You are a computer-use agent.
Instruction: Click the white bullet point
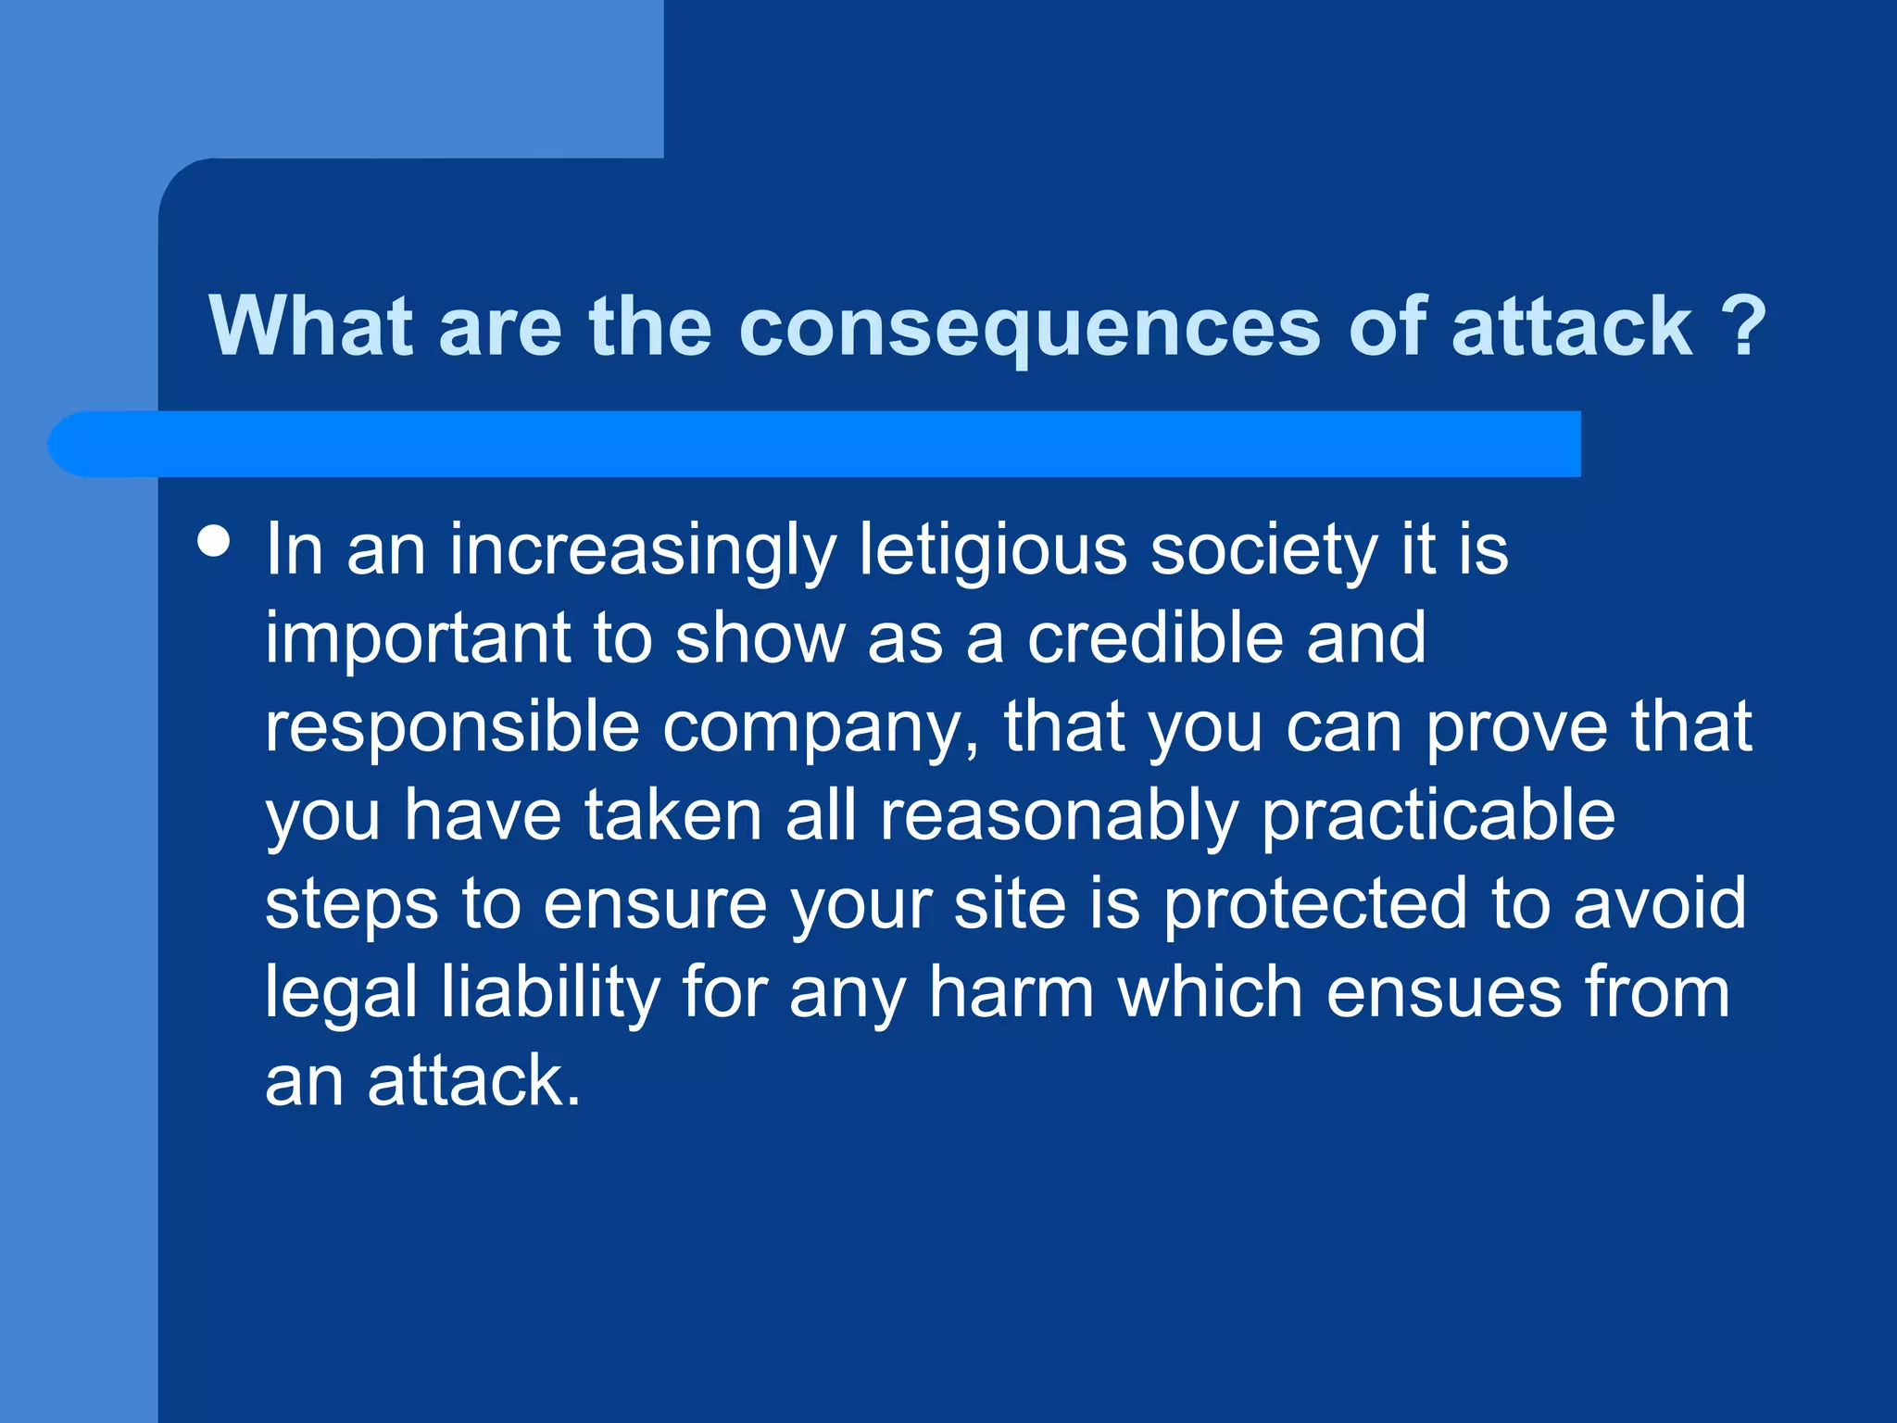tap(215, 541)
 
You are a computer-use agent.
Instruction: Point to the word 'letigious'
tap(992, 550)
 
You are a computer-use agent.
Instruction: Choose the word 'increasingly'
tap(643, 550)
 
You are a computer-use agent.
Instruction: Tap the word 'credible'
tap(1156, 638)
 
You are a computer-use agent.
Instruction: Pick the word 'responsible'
tap(452, 727)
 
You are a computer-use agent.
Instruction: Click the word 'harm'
tap(1011, 991)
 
